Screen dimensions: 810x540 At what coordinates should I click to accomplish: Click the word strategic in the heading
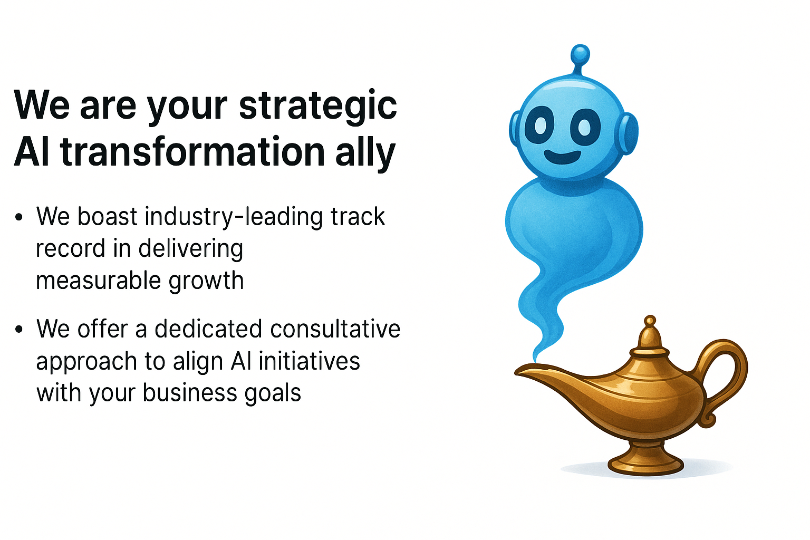click(318, 106)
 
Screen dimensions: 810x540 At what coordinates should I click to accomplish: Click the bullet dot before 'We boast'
click(19, 217)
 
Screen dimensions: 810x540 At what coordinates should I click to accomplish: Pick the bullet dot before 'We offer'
click(19, 330)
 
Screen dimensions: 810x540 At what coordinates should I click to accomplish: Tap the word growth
click(207, 282)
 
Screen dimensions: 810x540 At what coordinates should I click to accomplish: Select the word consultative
click(335, 329)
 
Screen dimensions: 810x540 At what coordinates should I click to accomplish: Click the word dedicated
click(208, 329)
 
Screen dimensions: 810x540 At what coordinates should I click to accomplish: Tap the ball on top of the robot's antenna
click(581, 55)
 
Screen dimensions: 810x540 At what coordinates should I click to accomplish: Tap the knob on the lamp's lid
click(650, 320)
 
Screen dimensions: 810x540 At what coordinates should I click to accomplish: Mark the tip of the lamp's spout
click(516, 372)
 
